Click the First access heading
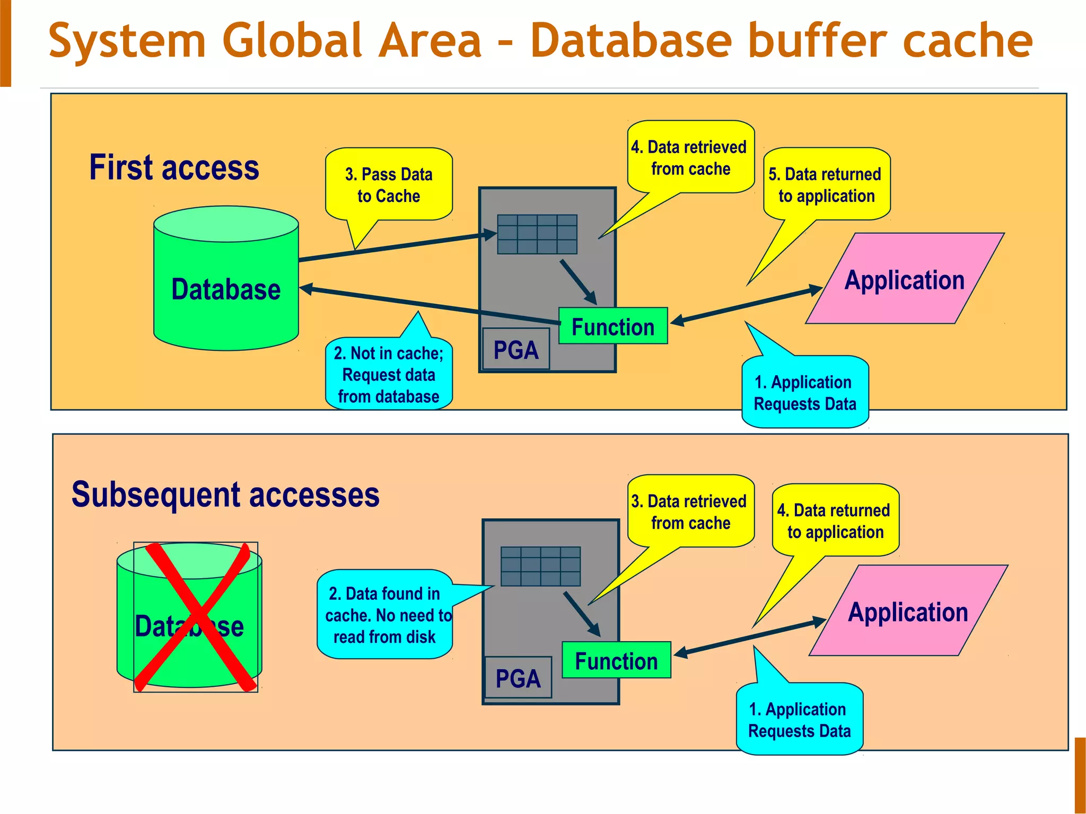[174, 167]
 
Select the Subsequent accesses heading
[225, 494]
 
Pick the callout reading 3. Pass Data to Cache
[389, 185]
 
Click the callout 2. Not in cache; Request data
[389, 375]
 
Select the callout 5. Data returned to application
[826, 185]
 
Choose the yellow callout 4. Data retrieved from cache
[690, 158]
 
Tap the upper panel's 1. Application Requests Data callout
[804, 393]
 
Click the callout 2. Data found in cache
[385, 615]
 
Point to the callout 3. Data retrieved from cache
[690, 512]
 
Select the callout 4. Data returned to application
[835, 521]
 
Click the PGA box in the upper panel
[516, 350]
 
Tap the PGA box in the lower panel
[518, 678]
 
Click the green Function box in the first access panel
[613, 326]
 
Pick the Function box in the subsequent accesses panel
[616, 660]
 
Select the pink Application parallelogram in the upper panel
[905, 279]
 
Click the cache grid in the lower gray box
[540, 567]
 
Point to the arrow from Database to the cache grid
[392, 247]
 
